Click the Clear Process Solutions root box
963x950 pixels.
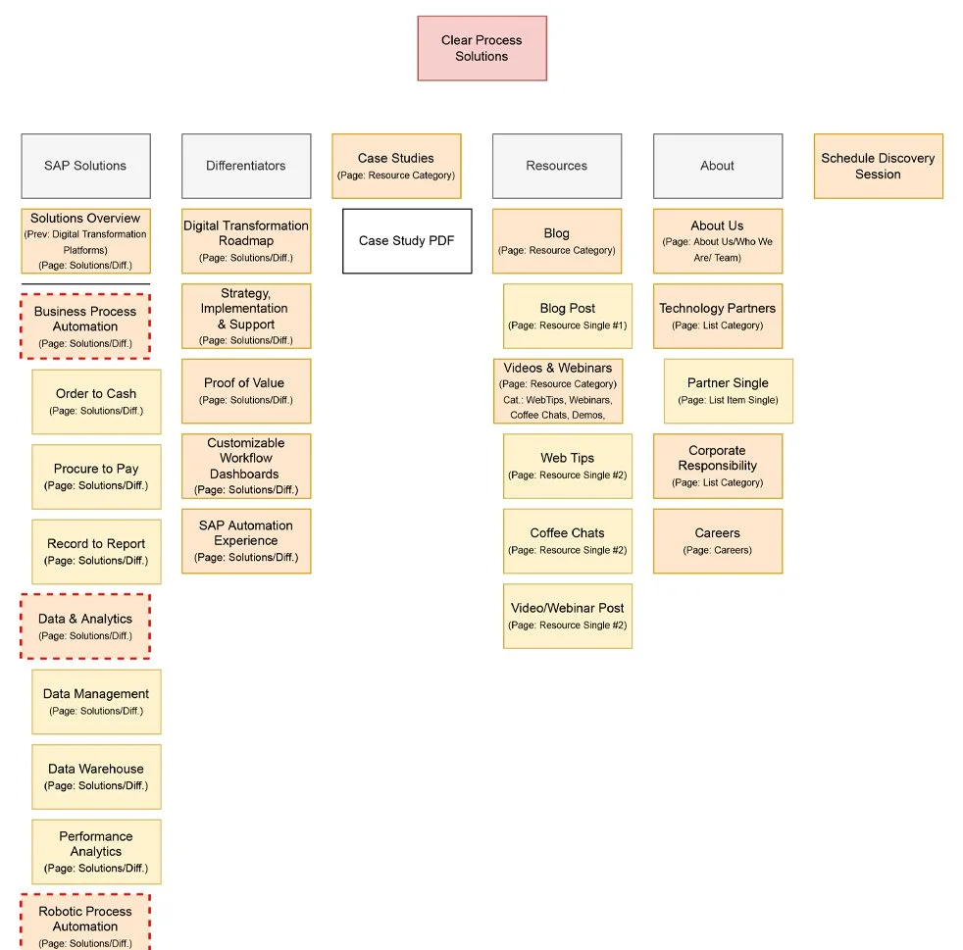point(481,48)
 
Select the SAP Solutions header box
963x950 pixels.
point(85,166)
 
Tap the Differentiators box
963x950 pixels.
point(245,166)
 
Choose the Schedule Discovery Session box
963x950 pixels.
point(878,166)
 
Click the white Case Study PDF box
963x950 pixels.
point(406,240)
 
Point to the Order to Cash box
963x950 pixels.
point(96,401)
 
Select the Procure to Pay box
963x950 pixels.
point(96,476)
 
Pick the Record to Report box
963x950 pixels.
point(96,551)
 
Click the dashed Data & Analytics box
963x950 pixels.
point(85,625)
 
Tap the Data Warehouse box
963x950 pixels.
point(96,776)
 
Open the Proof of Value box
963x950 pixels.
point(245,390)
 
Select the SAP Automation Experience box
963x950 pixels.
point(245,540)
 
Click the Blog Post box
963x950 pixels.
point(567,316)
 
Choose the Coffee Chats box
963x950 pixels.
point(567,540)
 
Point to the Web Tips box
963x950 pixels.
point(567,466)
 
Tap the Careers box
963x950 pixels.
point(717,540)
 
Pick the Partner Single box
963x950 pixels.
point(728,390)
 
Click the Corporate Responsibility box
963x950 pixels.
point(717,466)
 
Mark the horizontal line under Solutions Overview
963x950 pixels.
point(85,284)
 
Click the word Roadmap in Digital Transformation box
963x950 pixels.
point(245,241)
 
